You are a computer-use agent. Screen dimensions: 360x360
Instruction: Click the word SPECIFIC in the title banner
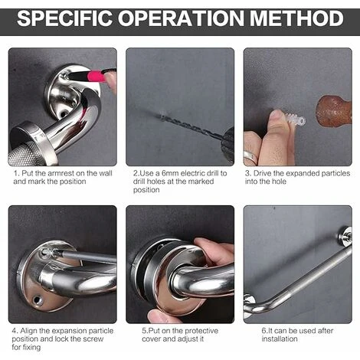[64, 18]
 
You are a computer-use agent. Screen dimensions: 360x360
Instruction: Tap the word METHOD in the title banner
[296, 18]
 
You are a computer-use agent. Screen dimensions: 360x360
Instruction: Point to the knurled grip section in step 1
[24, 153]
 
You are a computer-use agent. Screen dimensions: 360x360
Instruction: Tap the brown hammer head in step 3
[334, 111]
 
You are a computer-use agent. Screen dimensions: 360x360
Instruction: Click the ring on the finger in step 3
[250, 158]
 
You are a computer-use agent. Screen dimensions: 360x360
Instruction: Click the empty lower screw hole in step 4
[38, 299]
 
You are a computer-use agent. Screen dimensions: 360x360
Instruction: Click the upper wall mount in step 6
[345, 236]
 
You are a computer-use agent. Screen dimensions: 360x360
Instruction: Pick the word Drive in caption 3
[262, 173]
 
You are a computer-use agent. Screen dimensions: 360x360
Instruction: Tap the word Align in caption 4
[28, 331]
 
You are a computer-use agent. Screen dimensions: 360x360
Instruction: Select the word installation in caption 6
[280, 339]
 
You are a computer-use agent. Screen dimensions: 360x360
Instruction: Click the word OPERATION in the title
[181, 18]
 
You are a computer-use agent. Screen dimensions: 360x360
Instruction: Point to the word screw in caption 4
[93, 339]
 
